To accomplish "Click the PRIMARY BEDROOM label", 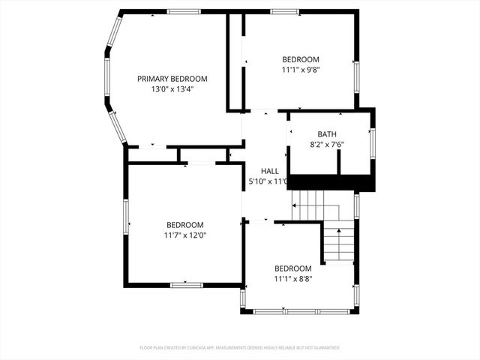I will tap(172, 79).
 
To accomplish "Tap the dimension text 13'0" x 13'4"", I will tap(172, 88).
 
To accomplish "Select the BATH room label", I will tap(326, 134).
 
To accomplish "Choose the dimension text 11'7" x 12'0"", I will tap(184, 235).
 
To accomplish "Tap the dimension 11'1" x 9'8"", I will tap(300, 70).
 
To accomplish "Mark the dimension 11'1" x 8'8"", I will tap(292, 279).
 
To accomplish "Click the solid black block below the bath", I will tap(330, 183).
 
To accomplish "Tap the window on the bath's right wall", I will tap(373, 142).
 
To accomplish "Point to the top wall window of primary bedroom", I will tap(184, 11).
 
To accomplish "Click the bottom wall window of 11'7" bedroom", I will tap(186, 285).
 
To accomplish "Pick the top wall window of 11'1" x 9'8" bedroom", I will tap(285, 11).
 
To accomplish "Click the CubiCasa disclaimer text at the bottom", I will tap(240, 348).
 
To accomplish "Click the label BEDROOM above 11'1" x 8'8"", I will tap(292, 268).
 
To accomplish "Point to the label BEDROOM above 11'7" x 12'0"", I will tap(184, 225).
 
